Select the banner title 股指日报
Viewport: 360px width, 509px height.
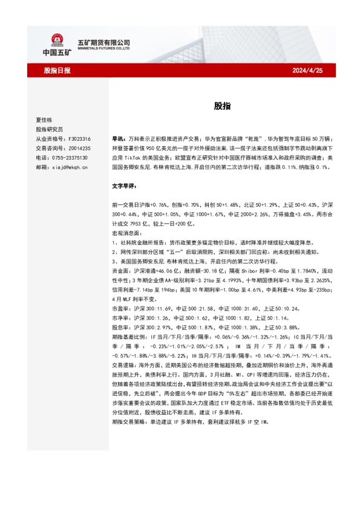[x=57, y=71]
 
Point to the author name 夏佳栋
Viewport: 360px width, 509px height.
[x=45, y=120]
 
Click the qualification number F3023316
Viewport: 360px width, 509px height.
[x=79, y=138]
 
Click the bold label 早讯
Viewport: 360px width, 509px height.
[x=119, y=138]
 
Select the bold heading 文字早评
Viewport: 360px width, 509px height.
[x=125, y=186]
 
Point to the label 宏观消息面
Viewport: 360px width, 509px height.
[x=126, y=233]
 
